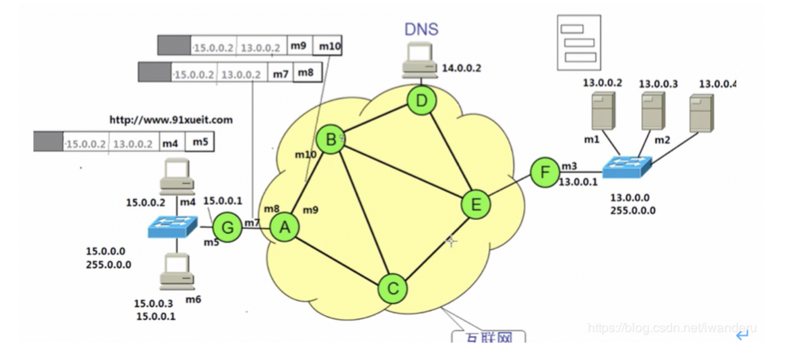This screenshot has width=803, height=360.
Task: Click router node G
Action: (227, 228)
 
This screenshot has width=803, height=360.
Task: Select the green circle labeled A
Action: (285, 228)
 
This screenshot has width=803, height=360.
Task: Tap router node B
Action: (330, 139)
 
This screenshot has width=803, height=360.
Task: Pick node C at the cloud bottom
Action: (393, 288)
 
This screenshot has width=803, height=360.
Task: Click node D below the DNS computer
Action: (421, 101)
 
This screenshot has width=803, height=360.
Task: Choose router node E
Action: (476, 205)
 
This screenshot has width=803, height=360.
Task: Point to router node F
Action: (544, 173)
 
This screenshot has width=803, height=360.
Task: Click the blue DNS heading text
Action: (421, 29)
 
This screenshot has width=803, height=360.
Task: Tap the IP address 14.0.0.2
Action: (461, 68)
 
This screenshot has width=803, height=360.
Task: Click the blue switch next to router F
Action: (627, 167)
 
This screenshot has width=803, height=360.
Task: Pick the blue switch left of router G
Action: (172, 227)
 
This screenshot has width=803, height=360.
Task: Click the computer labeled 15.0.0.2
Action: (177, 176)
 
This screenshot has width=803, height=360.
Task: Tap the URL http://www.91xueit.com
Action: (171, 120)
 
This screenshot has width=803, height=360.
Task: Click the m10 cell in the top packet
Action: (329, 46)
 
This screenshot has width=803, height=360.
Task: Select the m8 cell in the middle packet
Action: (306, 73)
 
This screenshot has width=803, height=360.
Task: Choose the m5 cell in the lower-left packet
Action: (200, 142)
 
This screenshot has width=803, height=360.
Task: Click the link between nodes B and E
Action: (403, 172)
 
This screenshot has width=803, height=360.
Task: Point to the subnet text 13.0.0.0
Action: (630, 198)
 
